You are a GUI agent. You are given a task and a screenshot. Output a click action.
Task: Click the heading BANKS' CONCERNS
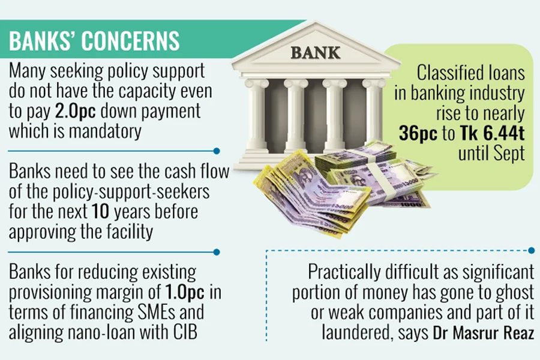[94, 41]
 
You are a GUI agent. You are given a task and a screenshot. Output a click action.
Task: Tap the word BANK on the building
[316, 53]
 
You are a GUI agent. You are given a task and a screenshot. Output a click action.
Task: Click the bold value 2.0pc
[100, 112]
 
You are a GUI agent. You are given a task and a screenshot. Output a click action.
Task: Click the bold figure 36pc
[418, 133]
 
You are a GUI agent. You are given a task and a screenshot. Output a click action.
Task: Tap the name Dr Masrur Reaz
[484, 332]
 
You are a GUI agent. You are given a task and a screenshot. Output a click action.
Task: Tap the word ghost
[508, 292]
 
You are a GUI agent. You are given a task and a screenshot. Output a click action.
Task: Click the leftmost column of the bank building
[257, 117]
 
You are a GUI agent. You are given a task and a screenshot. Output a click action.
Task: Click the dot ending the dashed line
[532, 250]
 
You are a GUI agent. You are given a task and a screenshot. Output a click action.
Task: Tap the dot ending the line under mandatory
[217, 151]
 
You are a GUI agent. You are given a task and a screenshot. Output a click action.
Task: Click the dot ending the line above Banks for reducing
[217, 252]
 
